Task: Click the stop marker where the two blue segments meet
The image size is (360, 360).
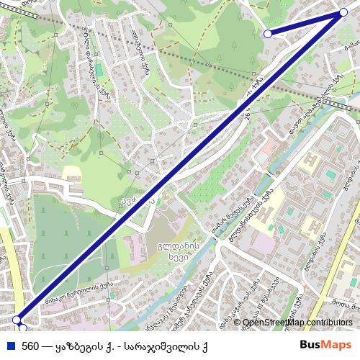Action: point(343,12)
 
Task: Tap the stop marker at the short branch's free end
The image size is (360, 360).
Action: point(268,33)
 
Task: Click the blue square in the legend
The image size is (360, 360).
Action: point(9,345)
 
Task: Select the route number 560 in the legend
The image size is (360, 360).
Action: point(31,345)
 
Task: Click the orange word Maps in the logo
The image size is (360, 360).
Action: point(336,345)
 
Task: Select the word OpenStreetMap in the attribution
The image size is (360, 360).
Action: point(274,323)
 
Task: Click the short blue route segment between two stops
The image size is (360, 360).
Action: point(305,22)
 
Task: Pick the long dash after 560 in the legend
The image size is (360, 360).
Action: point(48,345)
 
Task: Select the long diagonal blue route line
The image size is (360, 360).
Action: point(180,166)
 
